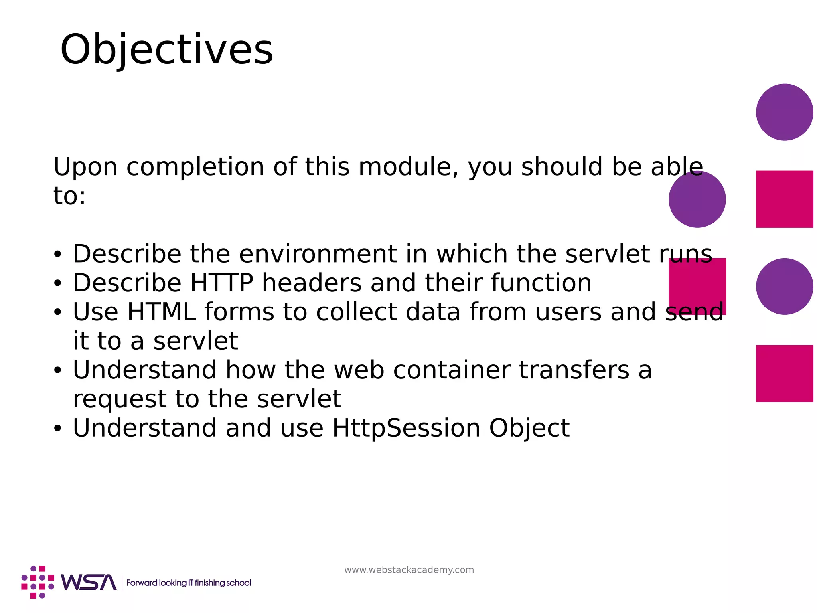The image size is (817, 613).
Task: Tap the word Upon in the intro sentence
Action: pos(85,167)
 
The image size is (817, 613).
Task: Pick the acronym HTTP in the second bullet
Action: pos(222,283)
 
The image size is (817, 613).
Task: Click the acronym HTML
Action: pos(161,312)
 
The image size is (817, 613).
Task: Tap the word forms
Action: pos(239,312)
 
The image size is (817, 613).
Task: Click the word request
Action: pos(119,399)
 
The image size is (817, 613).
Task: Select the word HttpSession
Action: pos(406,428)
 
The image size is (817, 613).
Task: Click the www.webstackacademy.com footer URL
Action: pos(409,570)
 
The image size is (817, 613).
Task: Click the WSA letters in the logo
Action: pos(88,583)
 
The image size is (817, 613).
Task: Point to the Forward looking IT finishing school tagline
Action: pos(189,583)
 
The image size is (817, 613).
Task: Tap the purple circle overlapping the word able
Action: pos(697,200)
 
